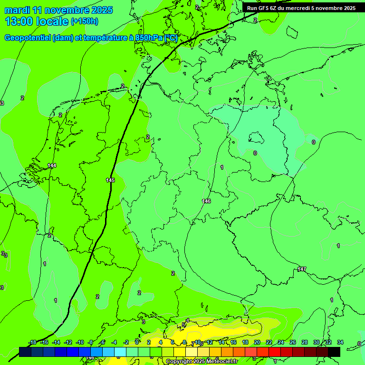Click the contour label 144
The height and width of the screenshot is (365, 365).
tap(52, 165)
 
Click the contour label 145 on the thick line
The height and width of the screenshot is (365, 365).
tap(110, 180)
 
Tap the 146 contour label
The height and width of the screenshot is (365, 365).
tap(206, 201)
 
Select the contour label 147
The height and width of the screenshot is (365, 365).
tap(302, 269)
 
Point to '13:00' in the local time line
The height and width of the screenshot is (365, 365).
tap(19, 21)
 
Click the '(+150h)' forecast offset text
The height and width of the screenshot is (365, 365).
tap(85, 21)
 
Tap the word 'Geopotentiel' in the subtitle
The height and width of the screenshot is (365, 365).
tap(28, 38)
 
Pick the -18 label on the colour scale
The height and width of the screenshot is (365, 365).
tap(32, 342)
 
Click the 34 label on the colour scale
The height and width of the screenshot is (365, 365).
tap(340, 342)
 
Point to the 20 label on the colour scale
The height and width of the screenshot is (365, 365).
tap(257, 342)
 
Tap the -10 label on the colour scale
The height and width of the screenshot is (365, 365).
tap(80, 342)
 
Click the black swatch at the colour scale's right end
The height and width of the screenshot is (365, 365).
tap(334, 352)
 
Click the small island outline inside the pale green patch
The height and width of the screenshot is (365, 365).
tap(257, 138)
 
